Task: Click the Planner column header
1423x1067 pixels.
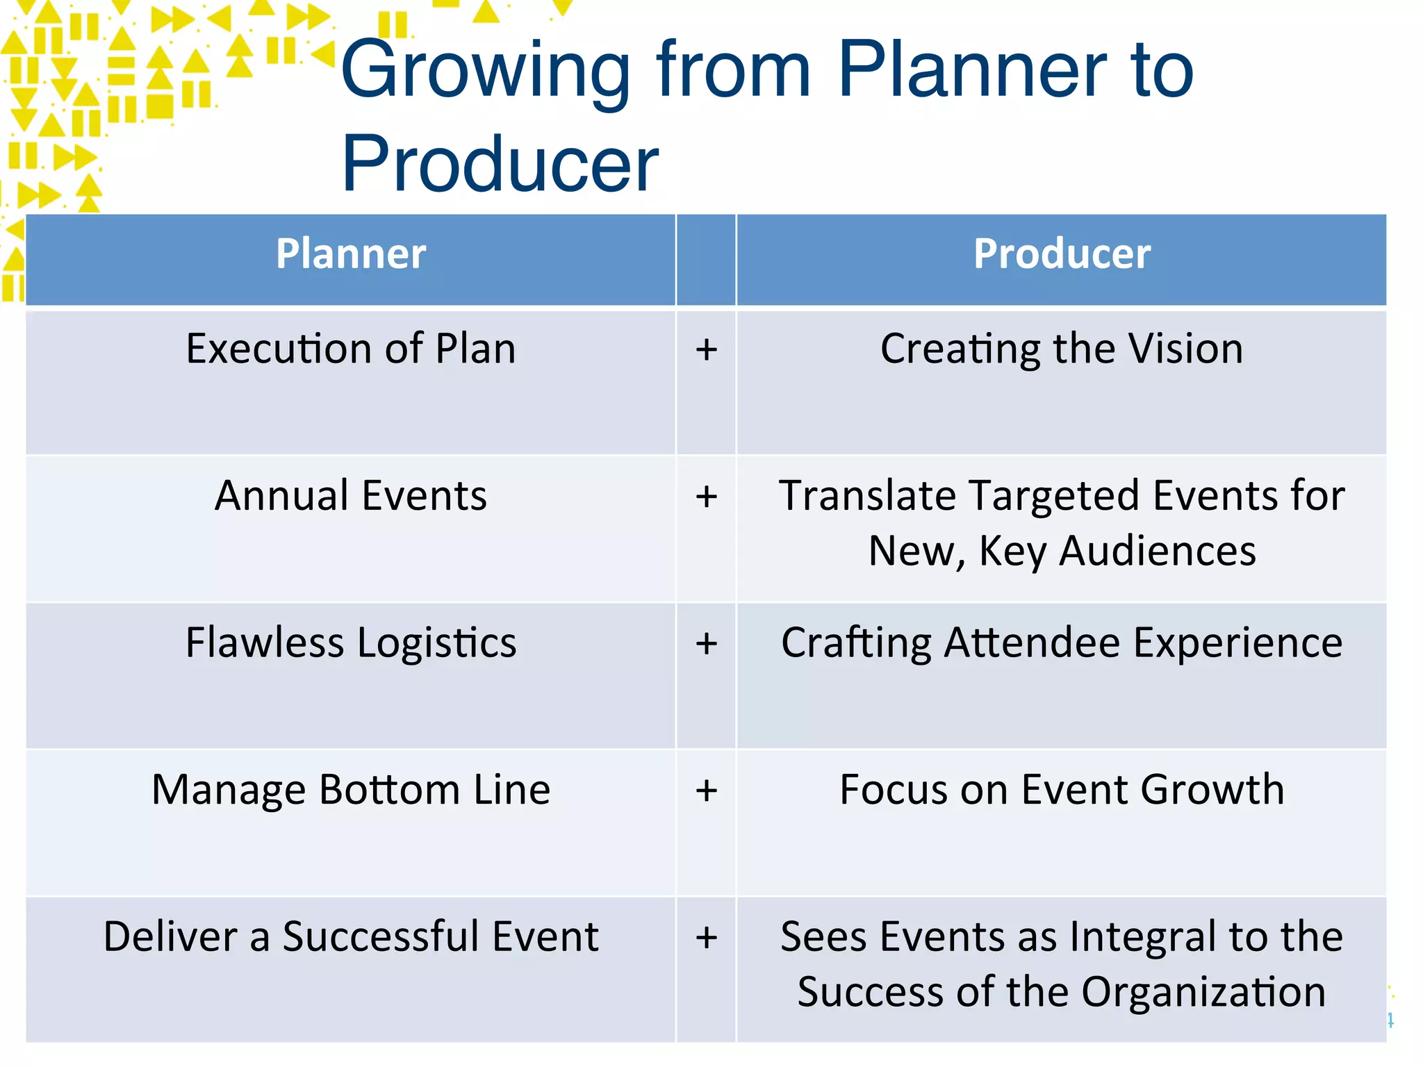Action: pyautogui.click(x=351, y=254)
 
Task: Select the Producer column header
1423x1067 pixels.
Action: pyautogui.click(x=1061, y=254)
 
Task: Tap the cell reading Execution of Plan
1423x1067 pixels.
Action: pyautogui.click(x=351, y=349)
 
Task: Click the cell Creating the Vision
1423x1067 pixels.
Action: pyautogui.click(x=1061, y=349)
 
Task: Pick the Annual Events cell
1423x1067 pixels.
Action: pyautogui.click(x=351, y=496)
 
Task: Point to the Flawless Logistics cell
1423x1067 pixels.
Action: pyautogui.click(x=351, y=643)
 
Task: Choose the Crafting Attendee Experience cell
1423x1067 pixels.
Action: pyautogui.click(x=1061, y=643)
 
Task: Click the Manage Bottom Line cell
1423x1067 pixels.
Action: pyautogui.click(x=351, y=790)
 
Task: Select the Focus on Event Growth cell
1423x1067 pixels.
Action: pyautogui.click(x=1061, y=790)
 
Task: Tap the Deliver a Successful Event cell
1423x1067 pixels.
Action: pyautogui.click(x=351, y=936)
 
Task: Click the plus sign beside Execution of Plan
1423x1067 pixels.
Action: pyautogui.click(x=706, y=349)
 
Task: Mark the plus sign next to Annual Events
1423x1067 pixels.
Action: pyautogui.click(x=706, y=497)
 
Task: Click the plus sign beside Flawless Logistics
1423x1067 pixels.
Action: pyautogui.click(x=706, y=643)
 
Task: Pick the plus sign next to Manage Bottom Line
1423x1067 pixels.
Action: pyautogui.click(x=706, y=791)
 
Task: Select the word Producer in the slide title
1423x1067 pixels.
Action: pyautogui.click(x=500, y=165)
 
